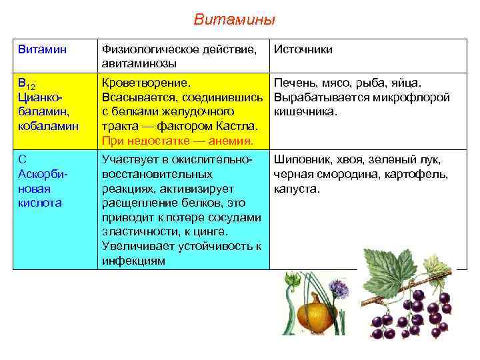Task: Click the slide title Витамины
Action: pos(234,20)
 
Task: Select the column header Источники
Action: pos(303,50)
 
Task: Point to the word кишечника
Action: pos(307,112)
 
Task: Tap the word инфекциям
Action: pos(133,261)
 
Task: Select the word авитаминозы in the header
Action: pos(139,64)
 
